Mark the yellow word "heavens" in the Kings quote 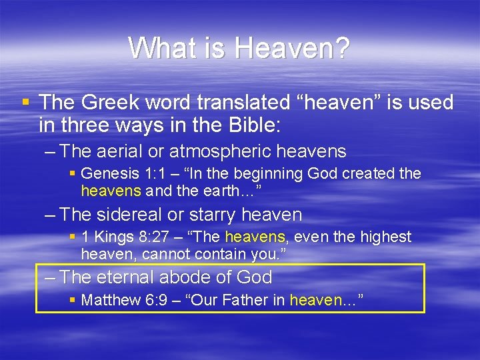tap(255, 237)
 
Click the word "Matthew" tap(110, 300)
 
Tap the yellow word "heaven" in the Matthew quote tap(315, 300)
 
